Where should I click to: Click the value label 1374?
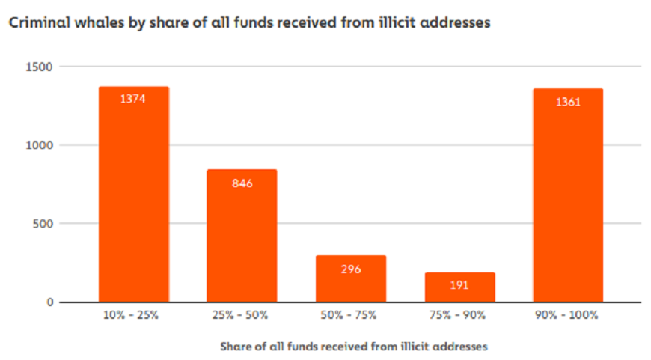click(134, 99)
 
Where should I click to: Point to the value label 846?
click(242, 183)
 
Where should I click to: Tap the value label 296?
click(351, 269)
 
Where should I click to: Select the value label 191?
click(460, 285)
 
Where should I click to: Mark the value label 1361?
click(568, 102)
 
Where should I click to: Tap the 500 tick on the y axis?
click(43, 224)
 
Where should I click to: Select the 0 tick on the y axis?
click(50, 302)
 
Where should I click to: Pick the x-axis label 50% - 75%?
click(351, 316)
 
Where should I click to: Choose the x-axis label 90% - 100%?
click(568, 316)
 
